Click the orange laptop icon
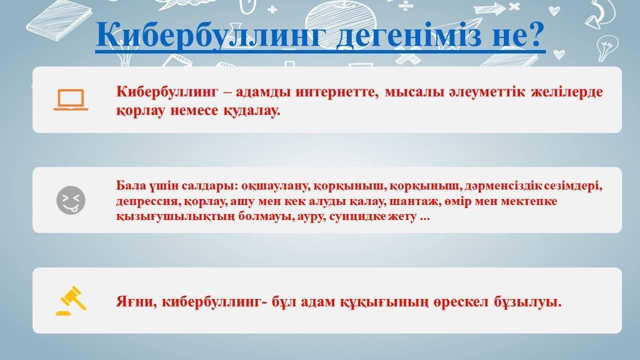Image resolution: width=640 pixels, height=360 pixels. tap(71, 99)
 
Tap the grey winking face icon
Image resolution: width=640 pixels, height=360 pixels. tap(71, 200)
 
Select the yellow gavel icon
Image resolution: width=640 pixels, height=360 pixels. tap(71, 300)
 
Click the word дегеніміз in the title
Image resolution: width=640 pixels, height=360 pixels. tap(409, 35)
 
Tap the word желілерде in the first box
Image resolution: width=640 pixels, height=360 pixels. tap(567, 92)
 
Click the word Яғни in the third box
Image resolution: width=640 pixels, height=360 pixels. tap(136, 302)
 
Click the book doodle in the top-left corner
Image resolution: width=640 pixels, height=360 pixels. tap(59, 20)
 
